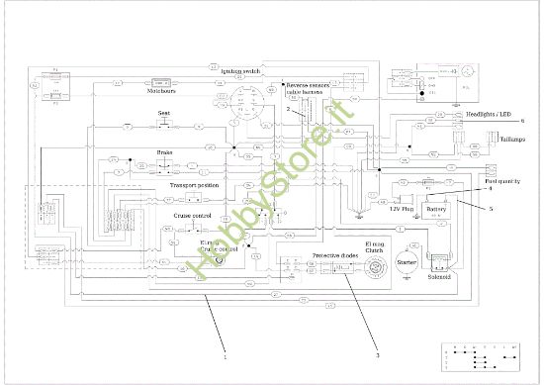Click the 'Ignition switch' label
[240, 71]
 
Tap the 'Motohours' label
[160, 92]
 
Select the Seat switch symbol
[166, 126]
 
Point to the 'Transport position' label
[194, 185]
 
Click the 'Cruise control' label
[193, 215]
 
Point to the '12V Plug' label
[400, 210]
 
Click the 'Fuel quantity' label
[503, 180]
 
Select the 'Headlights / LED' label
[498, 114]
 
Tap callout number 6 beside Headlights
[521, 120]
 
